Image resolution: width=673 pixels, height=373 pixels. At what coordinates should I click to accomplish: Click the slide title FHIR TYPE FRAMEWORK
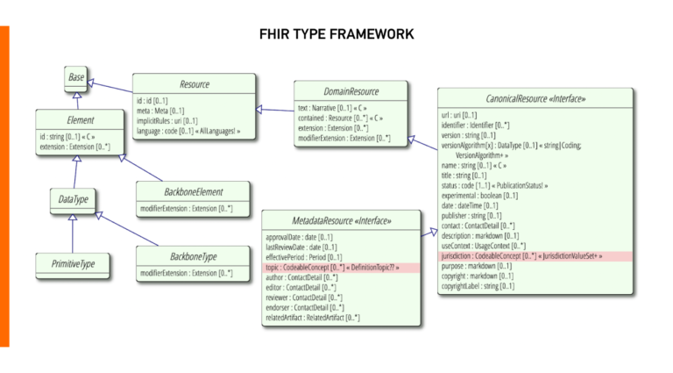336,34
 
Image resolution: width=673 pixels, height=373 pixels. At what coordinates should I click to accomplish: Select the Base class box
76,78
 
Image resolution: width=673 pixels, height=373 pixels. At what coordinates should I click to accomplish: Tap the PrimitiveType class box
72,262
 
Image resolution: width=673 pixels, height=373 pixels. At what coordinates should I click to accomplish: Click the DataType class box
73,200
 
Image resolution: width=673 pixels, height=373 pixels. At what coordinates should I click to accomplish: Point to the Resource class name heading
194,84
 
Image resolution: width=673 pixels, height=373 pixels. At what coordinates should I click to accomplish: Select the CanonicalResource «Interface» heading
535,98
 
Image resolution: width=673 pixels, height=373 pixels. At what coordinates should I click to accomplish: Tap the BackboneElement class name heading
193,191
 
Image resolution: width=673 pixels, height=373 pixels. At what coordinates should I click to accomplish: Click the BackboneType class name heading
193,256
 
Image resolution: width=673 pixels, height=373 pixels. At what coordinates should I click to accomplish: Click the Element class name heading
80,120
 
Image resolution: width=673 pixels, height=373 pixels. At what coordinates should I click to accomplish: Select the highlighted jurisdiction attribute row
535,255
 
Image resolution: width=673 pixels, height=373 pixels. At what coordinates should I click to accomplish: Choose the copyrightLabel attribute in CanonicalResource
478,285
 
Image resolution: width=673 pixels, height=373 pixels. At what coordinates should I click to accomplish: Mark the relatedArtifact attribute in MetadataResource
312,317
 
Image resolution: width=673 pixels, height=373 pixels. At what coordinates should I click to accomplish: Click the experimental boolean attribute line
479,196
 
